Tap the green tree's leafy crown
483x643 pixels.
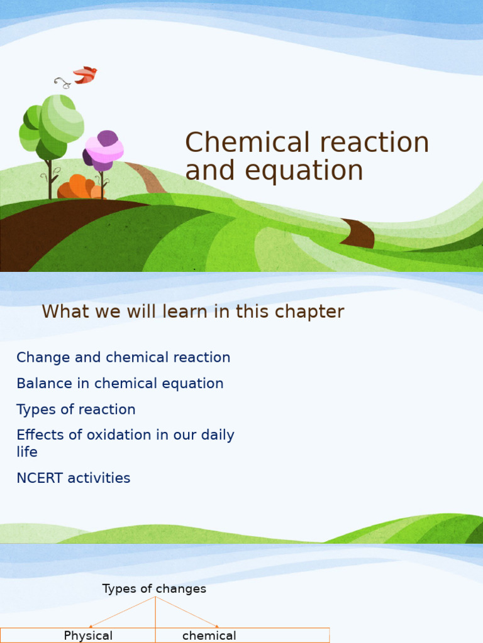53,126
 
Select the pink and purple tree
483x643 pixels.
104,151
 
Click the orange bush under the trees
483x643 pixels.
79,188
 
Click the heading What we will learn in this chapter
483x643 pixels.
192,312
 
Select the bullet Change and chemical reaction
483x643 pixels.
123,358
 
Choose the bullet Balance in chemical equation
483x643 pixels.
119,384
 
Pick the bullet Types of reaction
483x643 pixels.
75,409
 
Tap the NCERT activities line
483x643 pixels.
73,478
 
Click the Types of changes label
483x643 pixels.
154,589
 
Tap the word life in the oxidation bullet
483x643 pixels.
26,452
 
